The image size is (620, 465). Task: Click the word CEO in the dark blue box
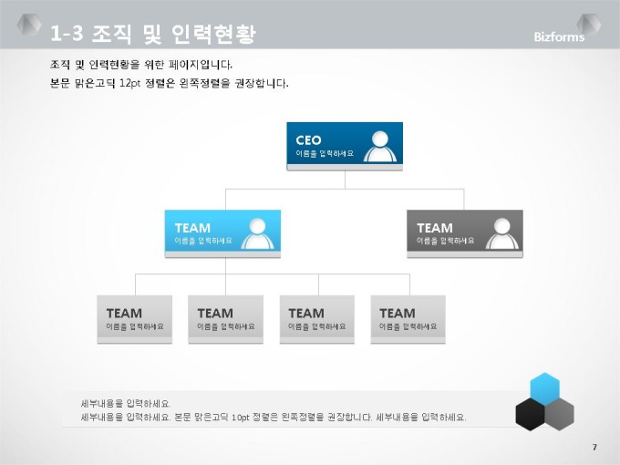pos(308,140)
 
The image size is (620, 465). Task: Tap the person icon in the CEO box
pos(380,146)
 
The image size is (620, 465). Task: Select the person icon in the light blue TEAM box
pos(257,233)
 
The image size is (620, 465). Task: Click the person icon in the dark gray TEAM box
pos(502,233)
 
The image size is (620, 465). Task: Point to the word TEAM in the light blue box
pos(192,228)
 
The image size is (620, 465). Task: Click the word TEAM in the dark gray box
pos(435,228)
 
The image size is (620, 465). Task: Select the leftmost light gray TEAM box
pos(134,319)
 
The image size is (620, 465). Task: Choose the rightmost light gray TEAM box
pos(408,319)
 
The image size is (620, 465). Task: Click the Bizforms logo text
pos(559,36)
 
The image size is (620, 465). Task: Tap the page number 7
pos(594,447)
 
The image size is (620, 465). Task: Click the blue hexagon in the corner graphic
pos(545,389)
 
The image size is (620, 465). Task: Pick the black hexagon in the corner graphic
pos(531,414)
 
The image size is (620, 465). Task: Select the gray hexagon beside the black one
pos(560,414)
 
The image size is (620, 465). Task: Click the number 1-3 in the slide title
pos(67,33)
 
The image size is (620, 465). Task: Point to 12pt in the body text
pos(129,84)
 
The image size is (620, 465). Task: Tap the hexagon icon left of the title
pos(29,25)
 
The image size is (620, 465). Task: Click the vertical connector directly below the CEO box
pos(346,180)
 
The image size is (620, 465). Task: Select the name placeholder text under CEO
pos(325,153)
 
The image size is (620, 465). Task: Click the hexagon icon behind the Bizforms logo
pos(589,25)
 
